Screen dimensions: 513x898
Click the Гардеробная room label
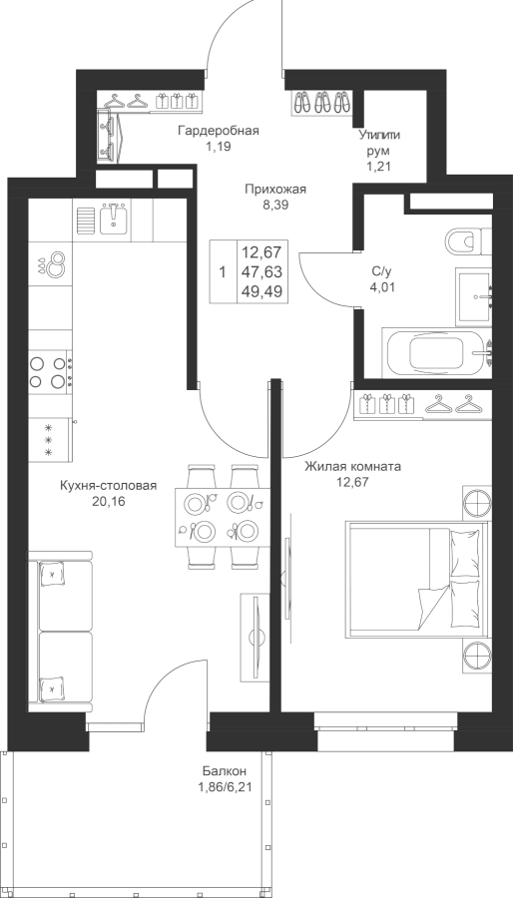pyautogui.click(x=219, y=131)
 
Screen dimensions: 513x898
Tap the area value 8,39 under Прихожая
pyautogui.click(x=275, y=205)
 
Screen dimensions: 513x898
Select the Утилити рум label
pyautogui.click(x=379, y=143)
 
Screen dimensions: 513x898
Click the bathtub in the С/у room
pyautogui.click(x=437, y=352)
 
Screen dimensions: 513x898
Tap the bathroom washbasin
pyautogui.click(x=474, y=296)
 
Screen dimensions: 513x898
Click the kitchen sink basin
pyautogui.click(x=115, y=220)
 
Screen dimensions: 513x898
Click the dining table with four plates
pyautogui.click(x=223, y=517)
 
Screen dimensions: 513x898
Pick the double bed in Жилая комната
pyautogui.click(x=417, y=579)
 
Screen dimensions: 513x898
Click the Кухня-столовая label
pyautogui.click(x=108, y=486)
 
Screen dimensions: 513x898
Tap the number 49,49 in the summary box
pyautogui.click(x=263, y=290)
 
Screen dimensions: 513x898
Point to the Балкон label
pyautogui.click(x=225, y=770)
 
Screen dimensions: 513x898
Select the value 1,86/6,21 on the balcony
pyautogui.click(x=224, y=787)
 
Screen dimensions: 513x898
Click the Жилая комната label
pyautogui.click(x=352, y=467)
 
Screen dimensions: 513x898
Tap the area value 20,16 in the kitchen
pyautogui.click(x=108, y=502)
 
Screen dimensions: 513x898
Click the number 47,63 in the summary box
pyautogui.click(x=263, y=270)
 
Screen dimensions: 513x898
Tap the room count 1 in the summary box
pyautogui.click(x=223, y=271)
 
